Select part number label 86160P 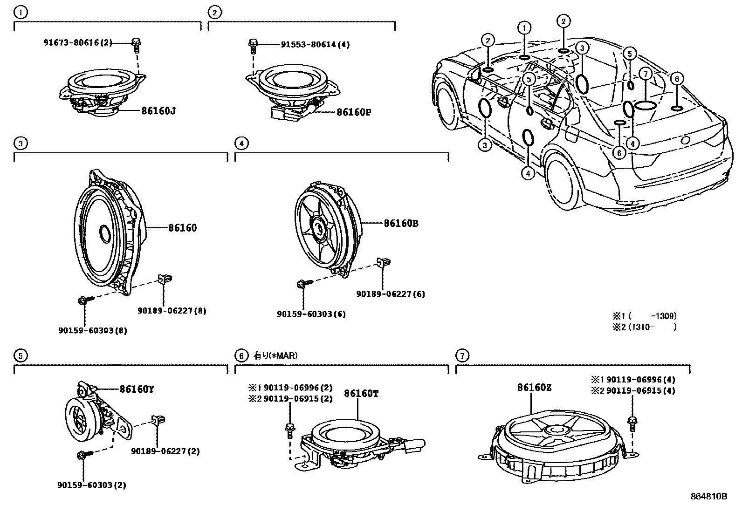click(354, 112)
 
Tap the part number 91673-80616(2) click(78, 42)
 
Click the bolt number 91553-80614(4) click(315, 45)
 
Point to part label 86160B click(401, 224)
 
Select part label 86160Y click(137, 389)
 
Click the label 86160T click(361, 394)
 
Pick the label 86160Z click(534, 388)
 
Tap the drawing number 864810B click(708, 496)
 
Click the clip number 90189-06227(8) click(172, 311)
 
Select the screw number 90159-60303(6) click(311, 314)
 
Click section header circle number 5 click(19, 356)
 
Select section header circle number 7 click(461, 356)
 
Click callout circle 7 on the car click(645, 74)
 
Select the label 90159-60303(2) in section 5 click(92, 485)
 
